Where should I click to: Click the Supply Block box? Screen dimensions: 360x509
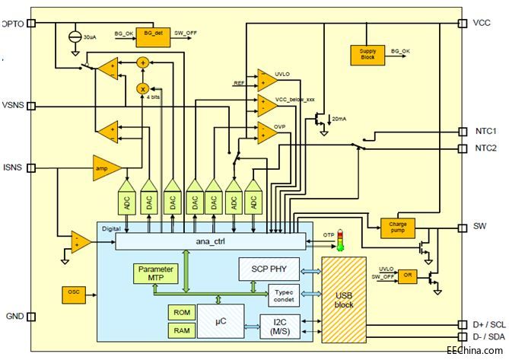click(367, 54)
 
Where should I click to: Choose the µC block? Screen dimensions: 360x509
click(221, 321)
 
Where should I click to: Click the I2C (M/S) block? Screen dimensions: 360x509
click(280, 325)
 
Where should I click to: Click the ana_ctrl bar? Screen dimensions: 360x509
click(212, 242)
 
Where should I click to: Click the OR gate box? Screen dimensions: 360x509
click(407, 276)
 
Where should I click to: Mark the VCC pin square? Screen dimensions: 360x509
click(462, 23)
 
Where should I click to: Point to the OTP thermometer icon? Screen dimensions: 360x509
click(341, 241)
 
